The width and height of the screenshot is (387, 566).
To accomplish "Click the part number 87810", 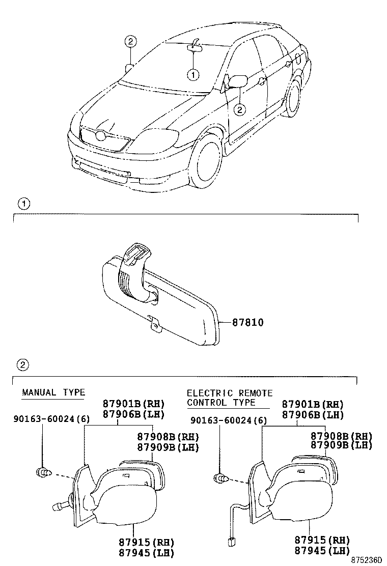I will coord(248,322).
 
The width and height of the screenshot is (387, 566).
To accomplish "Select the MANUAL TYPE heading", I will coord(53,392).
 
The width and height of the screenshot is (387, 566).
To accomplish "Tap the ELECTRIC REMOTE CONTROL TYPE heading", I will coord(229,398).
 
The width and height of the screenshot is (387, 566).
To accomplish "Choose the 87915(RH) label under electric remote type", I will coord(322,540).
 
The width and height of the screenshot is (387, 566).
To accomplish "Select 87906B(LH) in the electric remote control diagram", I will coord(313,414).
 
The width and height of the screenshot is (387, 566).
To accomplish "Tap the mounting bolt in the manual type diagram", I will coord(43,473).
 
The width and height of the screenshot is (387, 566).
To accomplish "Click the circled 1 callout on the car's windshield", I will coord(193,75).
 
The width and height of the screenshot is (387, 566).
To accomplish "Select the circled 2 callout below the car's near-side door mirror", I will coord(239,108).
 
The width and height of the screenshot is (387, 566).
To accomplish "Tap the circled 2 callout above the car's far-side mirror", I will coord(130,42).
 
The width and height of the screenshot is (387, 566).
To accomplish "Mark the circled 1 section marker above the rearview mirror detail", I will coord(23,204).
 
